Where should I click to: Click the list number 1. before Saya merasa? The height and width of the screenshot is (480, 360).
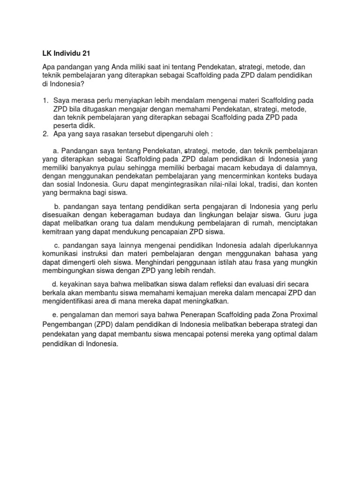(x=45, y=101)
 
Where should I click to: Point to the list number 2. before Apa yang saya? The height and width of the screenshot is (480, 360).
(x=45, y=134)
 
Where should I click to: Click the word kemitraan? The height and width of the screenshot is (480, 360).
(x=59, y=232)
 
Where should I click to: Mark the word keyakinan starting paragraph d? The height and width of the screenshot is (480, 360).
(x=75, y=285)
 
